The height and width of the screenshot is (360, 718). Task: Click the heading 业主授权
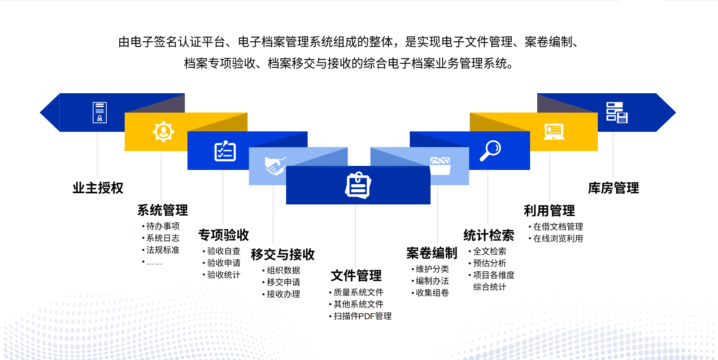click(98, 188)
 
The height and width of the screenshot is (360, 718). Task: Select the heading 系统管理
click(162, 210)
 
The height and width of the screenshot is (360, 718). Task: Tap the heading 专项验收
click(223, 235)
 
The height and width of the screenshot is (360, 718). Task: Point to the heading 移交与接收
click(283, 255)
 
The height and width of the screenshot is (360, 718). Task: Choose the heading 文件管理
click(356, 276)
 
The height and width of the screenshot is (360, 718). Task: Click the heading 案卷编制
click(432, 253)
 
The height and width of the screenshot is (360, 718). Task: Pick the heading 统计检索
click(489, 236)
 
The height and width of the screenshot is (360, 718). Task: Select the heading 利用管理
click(549, 211)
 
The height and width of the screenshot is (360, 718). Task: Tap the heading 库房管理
click(614, 188)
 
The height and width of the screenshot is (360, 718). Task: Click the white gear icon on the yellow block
click(164, 131)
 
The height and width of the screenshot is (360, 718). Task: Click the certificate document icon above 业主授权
click(100, 113)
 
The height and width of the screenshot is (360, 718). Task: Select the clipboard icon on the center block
click(358, 185)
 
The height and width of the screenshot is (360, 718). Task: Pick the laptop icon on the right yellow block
click(554, 132)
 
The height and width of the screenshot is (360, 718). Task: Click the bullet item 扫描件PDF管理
click(362, 317)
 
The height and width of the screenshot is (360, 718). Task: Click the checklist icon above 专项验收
click(225, 151)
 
